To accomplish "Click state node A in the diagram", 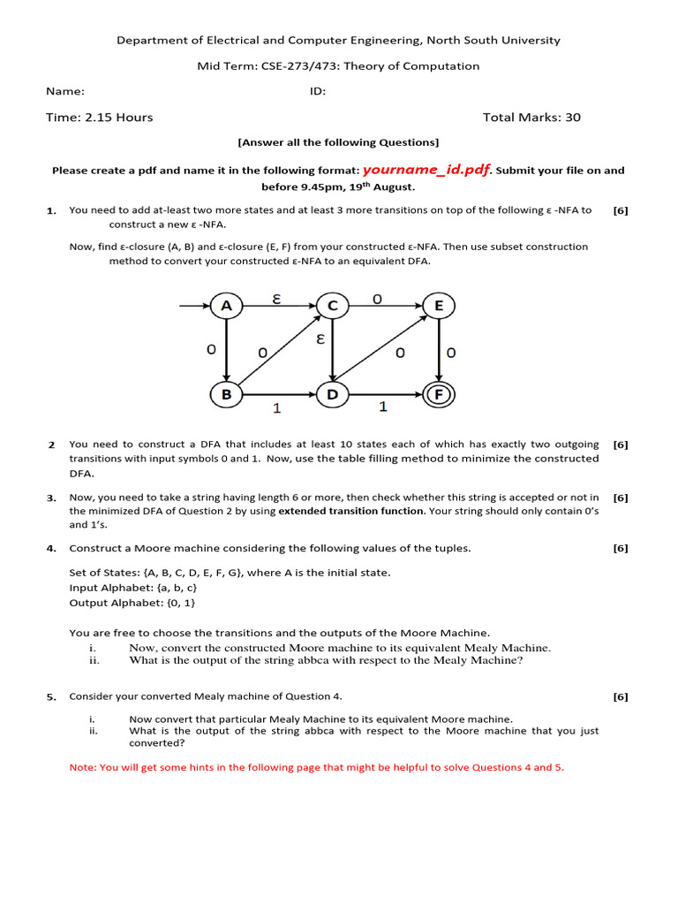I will coord(227,307).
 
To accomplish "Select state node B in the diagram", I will coord(227,395).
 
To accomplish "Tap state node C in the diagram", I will coord(332,307).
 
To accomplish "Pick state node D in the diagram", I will coord(332,395).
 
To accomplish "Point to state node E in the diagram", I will coord(438,307).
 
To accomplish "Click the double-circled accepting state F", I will coord(438,395).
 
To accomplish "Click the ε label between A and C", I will coord(276,299).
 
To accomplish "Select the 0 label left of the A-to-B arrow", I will coord(211,350).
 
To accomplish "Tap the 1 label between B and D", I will coord(276,409).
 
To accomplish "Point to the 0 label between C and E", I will coord(377,299).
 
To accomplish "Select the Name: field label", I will coord(65,91).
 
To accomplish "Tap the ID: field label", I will coord(318,91).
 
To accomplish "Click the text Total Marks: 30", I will coord(531,118).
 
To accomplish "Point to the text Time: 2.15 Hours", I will coord(100,118).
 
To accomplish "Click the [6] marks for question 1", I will coord(621,210).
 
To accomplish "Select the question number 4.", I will coord(51,549).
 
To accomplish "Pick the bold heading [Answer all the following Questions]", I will coord(338,142).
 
